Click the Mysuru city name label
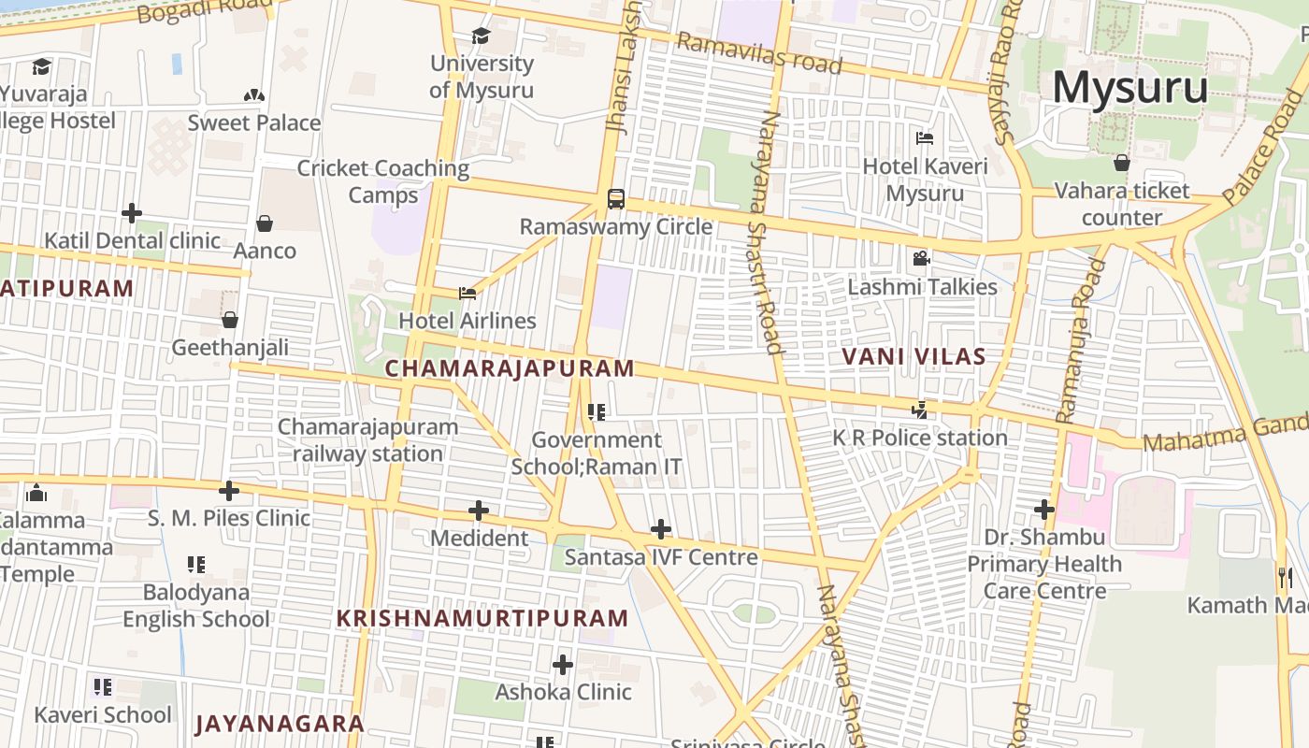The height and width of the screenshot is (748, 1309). pos(1129,88)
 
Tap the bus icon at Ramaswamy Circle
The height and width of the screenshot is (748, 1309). pos(615,198)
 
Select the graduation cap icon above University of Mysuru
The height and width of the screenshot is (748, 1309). pos(481,36)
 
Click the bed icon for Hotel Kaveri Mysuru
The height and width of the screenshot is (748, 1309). pos(925,138)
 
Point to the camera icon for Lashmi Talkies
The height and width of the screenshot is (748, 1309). pos(921,258)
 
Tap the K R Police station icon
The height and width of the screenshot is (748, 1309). pos(920,410)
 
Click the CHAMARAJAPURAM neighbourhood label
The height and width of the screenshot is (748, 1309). pos(510,368)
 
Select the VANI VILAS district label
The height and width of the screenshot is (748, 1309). pos(913,356)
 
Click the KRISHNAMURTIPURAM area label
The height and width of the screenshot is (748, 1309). pos(482,618)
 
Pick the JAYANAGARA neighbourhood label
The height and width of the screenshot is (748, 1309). pos(280,723)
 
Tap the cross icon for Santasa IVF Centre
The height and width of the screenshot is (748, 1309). pos(661,529)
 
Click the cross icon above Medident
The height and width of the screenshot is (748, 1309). pos(479,511)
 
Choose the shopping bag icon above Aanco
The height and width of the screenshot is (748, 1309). pos(265,223)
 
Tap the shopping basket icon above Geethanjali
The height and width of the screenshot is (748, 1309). pos(230,320)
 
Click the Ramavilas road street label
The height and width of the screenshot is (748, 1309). pos(758,53)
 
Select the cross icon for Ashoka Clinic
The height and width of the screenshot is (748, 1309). pos(563,665)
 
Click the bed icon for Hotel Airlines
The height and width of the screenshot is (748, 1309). pos(467,294)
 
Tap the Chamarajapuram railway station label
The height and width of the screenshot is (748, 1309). pos(367,440)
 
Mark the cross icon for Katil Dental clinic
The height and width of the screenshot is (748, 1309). pos(132,213)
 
